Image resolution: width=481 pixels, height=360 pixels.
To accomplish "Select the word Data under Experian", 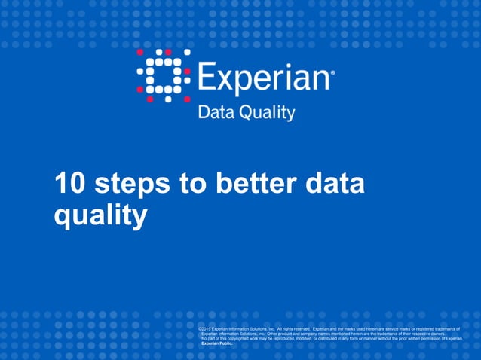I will click(215, 113).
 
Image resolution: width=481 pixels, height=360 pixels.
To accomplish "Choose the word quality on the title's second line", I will click(100, 217).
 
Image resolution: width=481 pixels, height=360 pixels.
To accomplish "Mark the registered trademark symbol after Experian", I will click(333, 73).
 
